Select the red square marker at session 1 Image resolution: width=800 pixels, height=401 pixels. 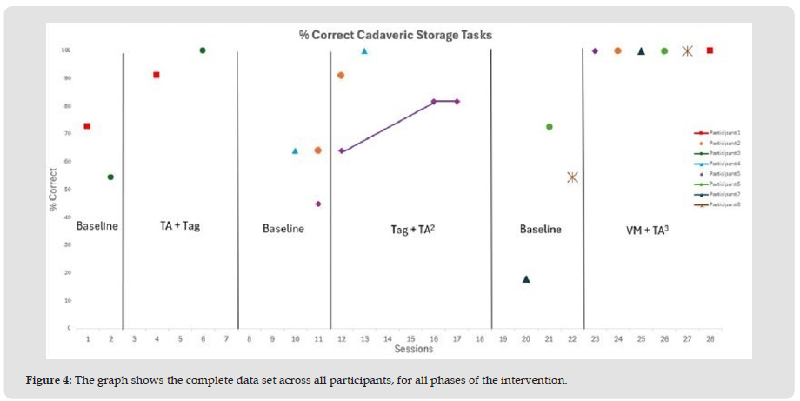pyautogui.click(x=87, y=126)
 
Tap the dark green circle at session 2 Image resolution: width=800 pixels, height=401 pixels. pyautogui.click(x=110, y=177)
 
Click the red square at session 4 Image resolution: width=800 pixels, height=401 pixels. pyautogui.click(x=157, y=75)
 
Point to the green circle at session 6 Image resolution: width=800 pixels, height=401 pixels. pyautogui.click(x=203, y=50)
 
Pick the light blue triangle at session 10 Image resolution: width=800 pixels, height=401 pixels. pyautogui.click(x=295, y=150)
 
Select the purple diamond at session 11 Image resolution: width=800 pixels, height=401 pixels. pyautogui.click(x=318, y=204)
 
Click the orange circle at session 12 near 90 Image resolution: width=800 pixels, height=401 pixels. pyautogui.click(x=341, y=76)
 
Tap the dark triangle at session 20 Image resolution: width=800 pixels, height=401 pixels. pyautogui.click(x=526, y=279)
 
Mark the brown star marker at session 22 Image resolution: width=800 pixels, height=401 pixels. pyautogui.click(x=572, y=177)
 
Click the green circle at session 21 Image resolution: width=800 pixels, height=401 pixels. pyautogui.click(x=550, y=127)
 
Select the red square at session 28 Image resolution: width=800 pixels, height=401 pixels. pyautogui.click(x=710, y=50)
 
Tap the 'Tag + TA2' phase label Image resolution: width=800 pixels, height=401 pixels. pyautogui.click(x=413, y=229)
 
